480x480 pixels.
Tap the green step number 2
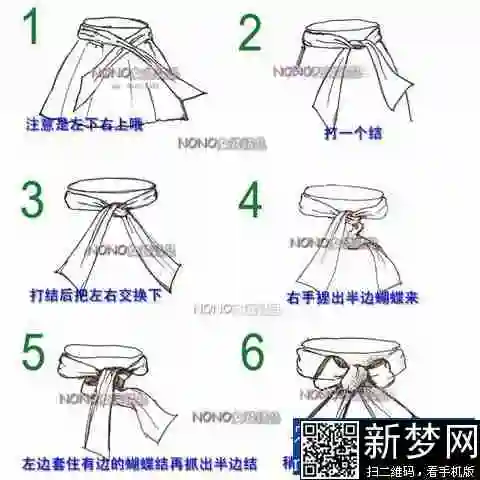point(249,34)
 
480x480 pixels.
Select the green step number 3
point(34,200)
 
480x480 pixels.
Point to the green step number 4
point(249,199)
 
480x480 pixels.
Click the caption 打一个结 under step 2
point(354,132)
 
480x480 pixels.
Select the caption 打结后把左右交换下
point(95,295)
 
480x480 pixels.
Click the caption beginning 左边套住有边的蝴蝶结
point(140,463)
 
